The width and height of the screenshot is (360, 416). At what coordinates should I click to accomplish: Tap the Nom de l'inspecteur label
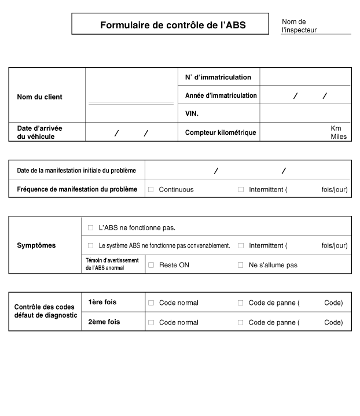[299, 25]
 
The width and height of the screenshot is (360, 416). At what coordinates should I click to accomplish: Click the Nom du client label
[39, 97]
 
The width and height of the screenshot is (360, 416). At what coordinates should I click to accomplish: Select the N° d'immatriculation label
[218, 77]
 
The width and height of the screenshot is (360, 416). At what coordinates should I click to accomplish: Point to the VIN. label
[192, 113]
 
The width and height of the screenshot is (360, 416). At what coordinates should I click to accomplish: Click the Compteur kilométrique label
[221, 132]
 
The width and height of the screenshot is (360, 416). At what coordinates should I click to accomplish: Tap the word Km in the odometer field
[336, 128]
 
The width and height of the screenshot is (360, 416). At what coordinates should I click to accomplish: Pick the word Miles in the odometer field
[339, 137]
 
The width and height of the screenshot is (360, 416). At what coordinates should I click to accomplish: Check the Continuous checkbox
[151, 189]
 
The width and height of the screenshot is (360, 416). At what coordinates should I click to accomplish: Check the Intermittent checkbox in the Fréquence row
[241, 189]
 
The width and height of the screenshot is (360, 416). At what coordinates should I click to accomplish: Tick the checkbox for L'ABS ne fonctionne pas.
[90, 227]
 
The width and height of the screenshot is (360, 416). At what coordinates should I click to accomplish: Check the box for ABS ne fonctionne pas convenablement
[90, 245]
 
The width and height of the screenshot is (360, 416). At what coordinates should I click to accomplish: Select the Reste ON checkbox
[151, 265]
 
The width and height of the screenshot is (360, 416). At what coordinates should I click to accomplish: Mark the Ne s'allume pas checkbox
[241, 265]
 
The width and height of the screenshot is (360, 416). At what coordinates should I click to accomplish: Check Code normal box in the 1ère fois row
[151, 303]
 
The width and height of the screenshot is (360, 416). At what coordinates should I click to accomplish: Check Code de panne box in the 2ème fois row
[241, 322]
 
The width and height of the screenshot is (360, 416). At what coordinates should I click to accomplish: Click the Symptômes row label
[36, 245]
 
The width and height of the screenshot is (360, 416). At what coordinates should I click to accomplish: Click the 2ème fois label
[104, 322]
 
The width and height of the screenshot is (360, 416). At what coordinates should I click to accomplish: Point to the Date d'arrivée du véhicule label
[40, 132]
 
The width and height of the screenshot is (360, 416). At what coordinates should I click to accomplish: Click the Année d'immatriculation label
[221, 95]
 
